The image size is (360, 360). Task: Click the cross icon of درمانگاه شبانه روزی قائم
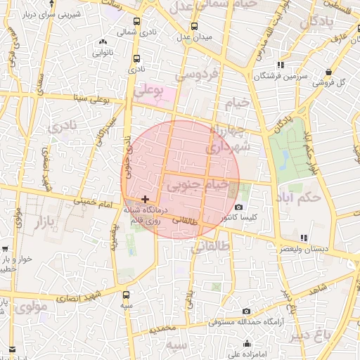coord(146,199)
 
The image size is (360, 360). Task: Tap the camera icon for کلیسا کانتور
coord(239,207)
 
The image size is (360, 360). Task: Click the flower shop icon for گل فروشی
coord(329,71)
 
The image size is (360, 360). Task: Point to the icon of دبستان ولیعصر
coord(303,238)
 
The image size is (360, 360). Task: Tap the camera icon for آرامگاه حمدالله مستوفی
coord(245,311)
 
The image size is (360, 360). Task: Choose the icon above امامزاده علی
coord(247,343)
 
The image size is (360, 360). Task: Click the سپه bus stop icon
coord(126,295)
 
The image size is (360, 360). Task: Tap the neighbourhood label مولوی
coord(31,307)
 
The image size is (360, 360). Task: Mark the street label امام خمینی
coord(96,203)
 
